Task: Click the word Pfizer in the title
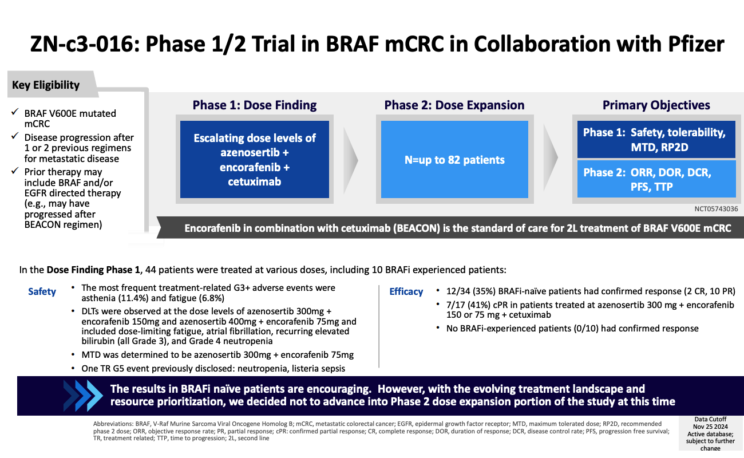click(x=696, y=44)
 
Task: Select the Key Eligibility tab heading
click(x=46, y=85)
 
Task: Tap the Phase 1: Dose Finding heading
click(x=255, y=105)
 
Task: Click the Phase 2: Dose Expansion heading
click(x=454, y=105)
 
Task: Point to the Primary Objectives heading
click(x=656, y=105)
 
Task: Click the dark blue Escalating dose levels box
click(x=255, y=160)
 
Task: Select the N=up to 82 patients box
click(x=454, y=160)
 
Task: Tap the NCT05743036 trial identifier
click(x=716, y=209)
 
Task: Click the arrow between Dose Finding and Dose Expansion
click(x=350, y=160)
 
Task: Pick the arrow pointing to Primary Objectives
click(x=551, y=157)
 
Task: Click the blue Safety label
click(x=42, y=291)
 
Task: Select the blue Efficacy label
click(x=406, y=291)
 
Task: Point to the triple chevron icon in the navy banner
click(x=83, y=396)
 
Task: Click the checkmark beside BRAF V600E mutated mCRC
click(x=15, y=112)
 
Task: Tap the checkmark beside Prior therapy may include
click(x=15, y=171)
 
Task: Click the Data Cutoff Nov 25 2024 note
click(x=710, y=433)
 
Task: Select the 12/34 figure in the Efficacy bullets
click(x=458, y=291)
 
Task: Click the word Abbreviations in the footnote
click(x=113, y=424)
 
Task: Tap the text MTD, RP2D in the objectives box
click(x=660, y=147)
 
